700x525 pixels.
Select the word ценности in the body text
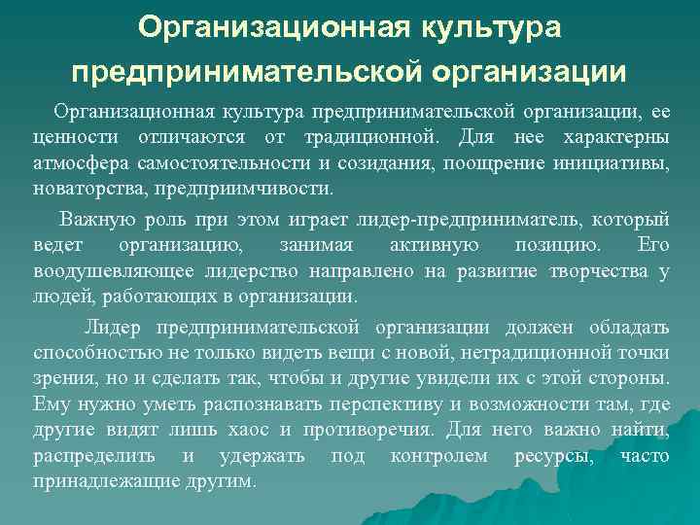pos(76,136)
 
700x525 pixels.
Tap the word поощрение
pos(497,161)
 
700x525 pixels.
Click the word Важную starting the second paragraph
pos(90,216)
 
